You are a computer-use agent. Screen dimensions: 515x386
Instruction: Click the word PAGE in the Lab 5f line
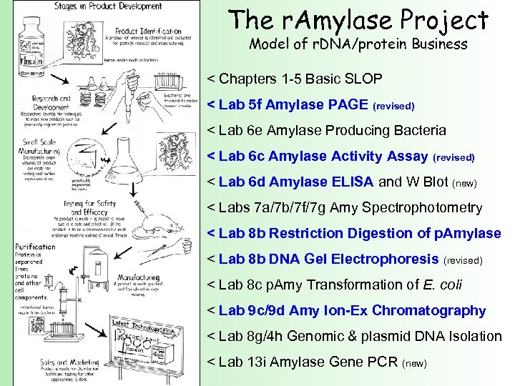point(347,105)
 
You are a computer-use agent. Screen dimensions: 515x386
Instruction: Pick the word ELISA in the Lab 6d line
point(353,182)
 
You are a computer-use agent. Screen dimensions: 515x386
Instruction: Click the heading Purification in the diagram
point(36,247)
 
